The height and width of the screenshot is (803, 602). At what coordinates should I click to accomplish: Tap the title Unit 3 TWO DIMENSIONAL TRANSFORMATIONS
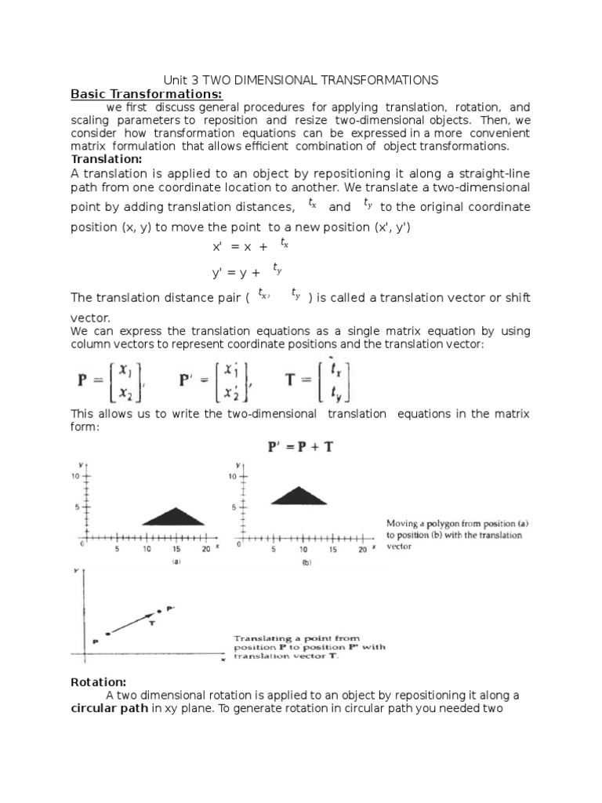(x=300, y=80)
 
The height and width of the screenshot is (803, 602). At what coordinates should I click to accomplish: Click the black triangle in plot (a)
(x=173, y=517)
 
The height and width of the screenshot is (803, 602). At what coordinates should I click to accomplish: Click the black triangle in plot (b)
(x=299, y=496)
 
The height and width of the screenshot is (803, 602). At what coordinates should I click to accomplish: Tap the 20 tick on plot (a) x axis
(x=205, y=549)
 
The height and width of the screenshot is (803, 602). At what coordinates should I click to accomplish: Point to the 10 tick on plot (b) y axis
(x=233, y=476)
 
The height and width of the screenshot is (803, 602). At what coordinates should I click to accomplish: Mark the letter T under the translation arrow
(x=151, y=622)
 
